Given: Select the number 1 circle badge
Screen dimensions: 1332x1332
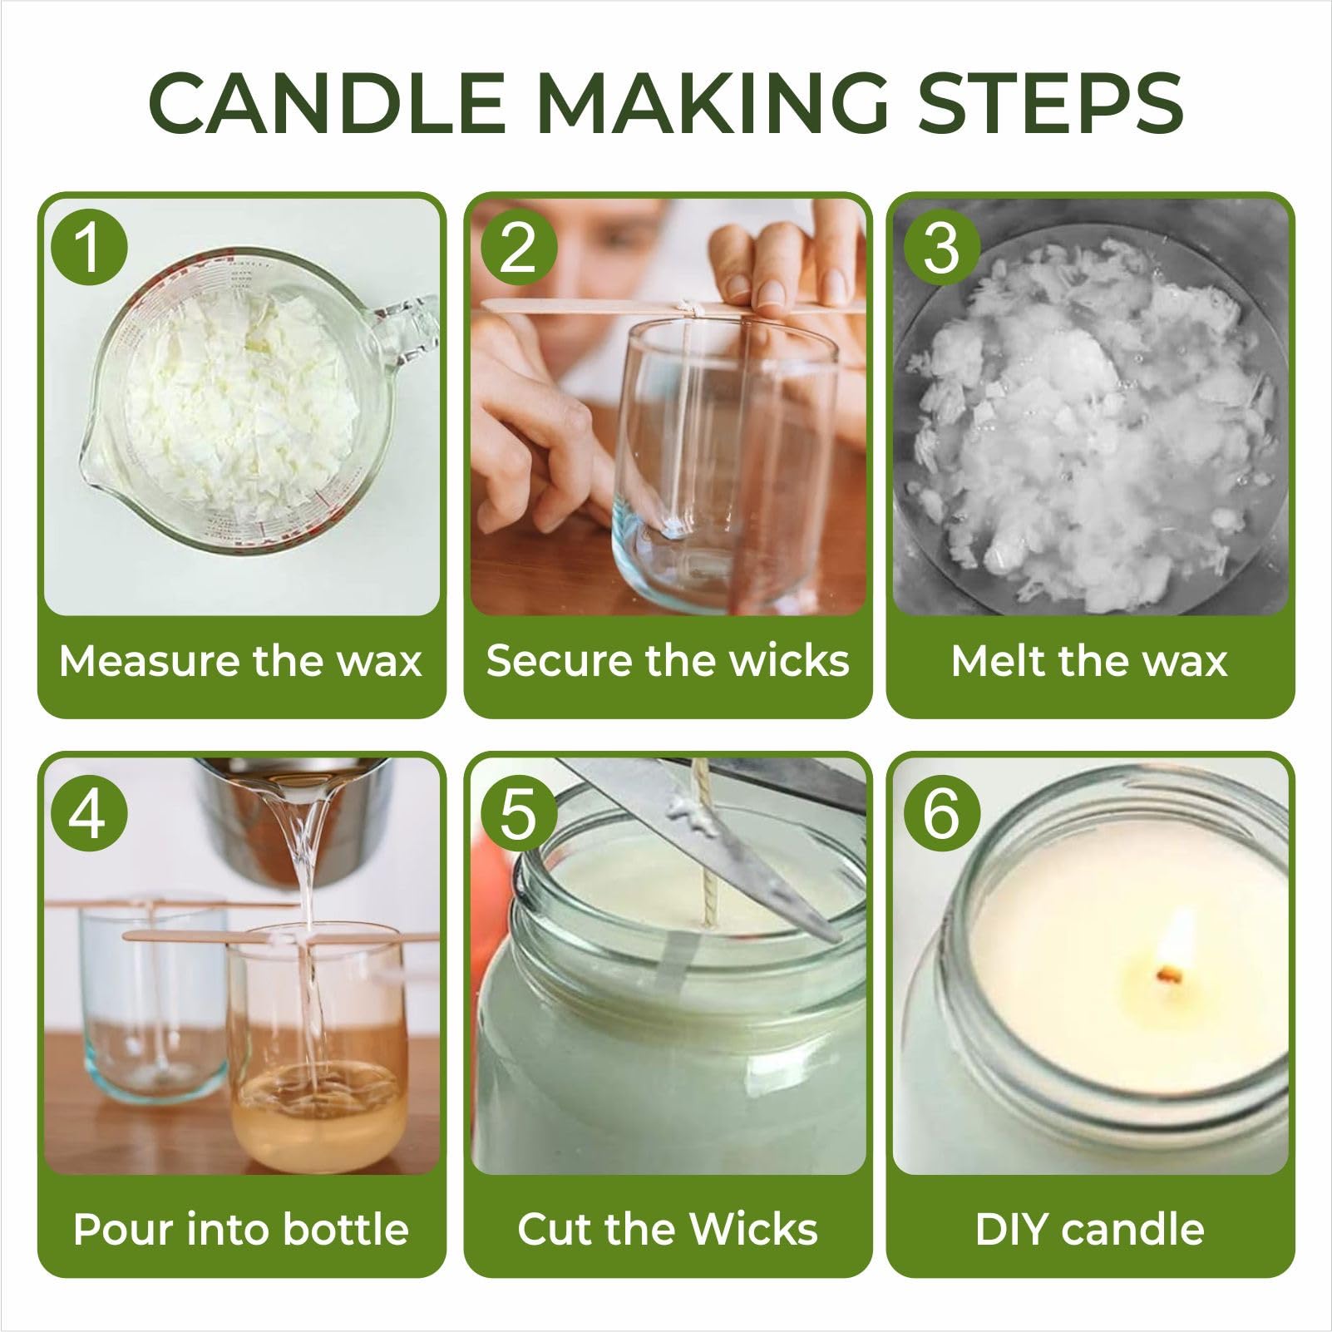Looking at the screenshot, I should click(89, 247).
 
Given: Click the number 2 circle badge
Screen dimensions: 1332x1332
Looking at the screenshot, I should click(518, 247).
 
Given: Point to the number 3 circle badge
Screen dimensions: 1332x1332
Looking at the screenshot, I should click(941, 247).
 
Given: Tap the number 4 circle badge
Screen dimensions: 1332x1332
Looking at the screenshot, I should click(89, 813).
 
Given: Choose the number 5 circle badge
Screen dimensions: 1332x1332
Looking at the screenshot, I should click(518, 813).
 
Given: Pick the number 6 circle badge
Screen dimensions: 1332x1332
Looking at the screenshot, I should click(941, 813).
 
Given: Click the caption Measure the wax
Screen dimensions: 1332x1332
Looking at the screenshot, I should click(240, 662).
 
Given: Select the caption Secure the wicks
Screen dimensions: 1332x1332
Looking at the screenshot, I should click(668, 662).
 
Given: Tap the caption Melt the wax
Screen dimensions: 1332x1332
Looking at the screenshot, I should click(1089, 662).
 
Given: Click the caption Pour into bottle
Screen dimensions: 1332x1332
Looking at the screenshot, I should click(240, 1229).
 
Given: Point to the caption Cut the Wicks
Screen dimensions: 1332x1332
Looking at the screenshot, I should click(668, 1229).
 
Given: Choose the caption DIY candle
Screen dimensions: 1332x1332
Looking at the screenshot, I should click(1089, 1229).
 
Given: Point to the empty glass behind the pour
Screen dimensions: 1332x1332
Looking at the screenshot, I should click(150, 998).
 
